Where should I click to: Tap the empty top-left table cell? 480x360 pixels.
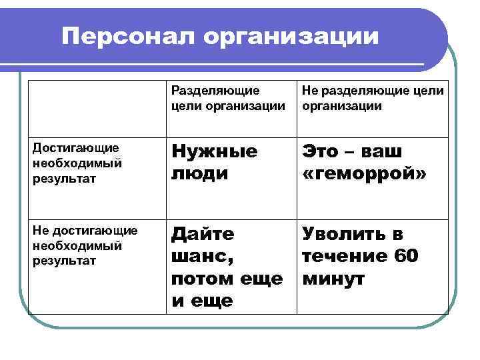point(96,109)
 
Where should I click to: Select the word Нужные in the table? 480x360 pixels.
point(214,151)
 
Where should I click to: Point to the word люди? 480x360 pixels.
point(199,173)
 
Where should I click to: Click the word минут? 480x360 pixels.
point(333,279)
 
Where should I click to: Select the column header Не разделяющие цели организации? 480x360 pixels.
point(373,98)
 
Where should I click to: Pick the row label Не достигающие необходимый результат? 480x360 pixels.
point(85,245)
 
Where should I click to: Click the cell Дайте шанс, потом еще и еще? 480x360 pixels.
point(227,267)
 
